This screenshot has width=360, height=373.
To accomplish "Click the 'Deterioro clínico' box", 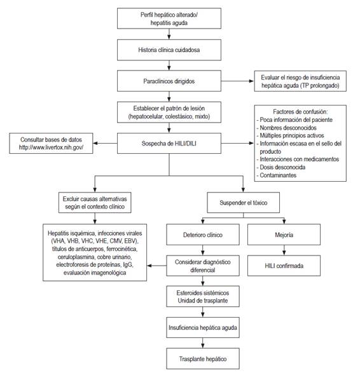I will coord(202,236).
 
